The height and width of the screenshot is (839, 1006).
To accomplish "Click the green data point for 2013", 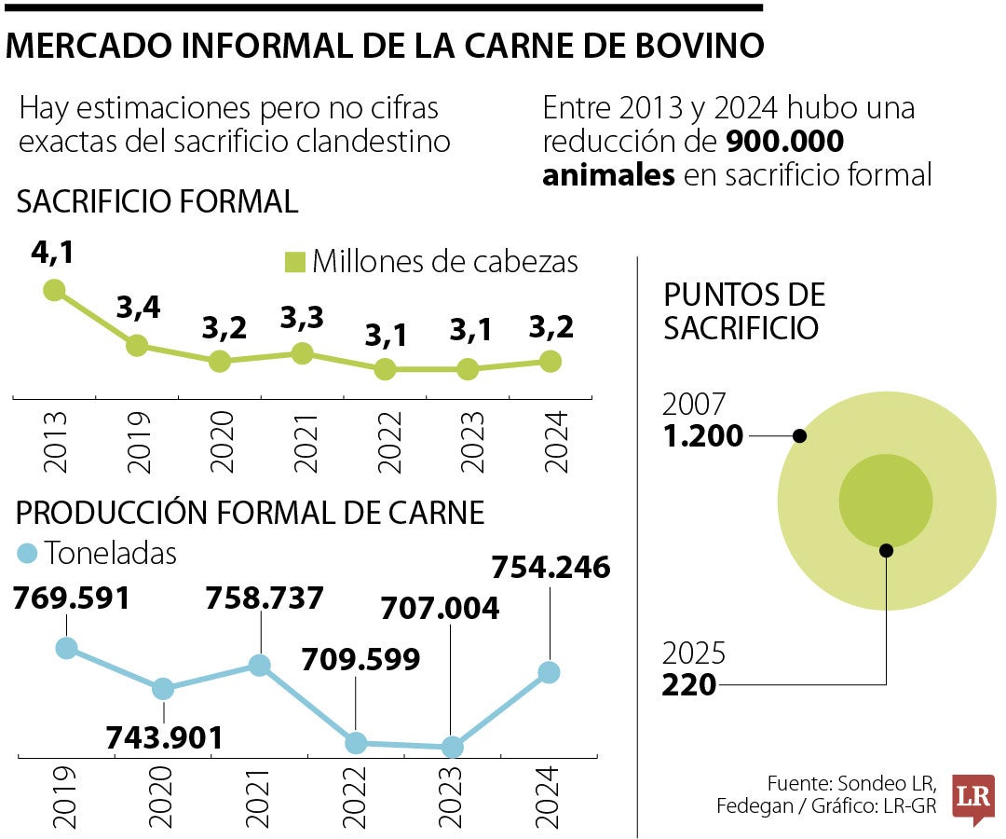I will (x=54, y=290).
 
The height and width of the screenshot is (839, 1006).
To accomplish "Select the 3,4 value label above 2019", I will (x=137, y=309).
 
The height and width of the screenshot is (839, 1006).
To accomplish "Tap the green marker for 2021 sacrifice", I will (x=302, y=353).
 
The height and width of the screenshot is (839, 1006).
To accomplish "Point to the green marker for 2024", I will (x=551, y=361).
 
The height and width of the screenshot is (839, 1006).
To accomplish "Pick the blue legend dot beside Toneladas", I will (x=28, y=554).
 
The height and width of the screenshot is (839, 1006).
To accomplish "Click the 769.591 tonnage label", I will (x=71, y=598).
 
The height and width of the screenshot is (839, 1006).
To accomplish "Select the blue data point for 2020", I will (x=163, y=689).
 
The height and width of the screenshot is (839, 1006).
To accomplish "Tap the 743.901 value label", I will (x=164, y=737).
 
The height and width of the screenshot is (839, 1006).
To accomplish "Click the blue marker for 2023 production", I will (x=452, y=747).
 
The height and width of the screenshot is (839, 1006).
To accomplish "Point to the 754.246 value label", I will (x=551, y=567).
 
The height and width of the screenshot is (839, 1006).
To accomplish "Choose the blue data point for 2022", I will (x=355, y=742).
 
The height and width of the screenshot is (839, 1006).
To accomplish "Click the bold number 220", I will (x=689, y=685).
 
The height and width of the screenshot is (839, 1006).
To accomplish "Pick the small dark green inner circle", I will (x=885, y=500).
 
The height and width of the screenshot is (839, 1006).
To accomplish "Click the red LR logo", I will (x=972, y=798).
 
